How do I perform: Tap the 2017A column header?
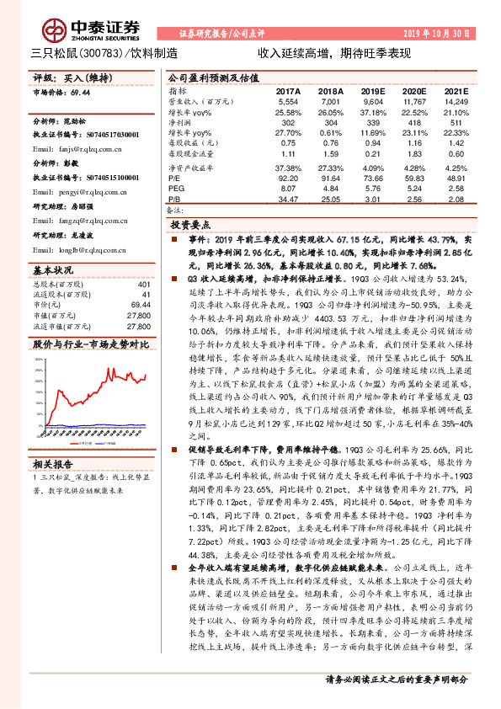288,89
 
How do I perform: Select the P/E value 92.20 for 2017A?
288,179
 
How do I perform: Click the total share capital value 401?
144,284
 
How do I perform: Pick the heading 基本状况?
52,270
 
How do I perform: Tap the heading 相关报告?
52,463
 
